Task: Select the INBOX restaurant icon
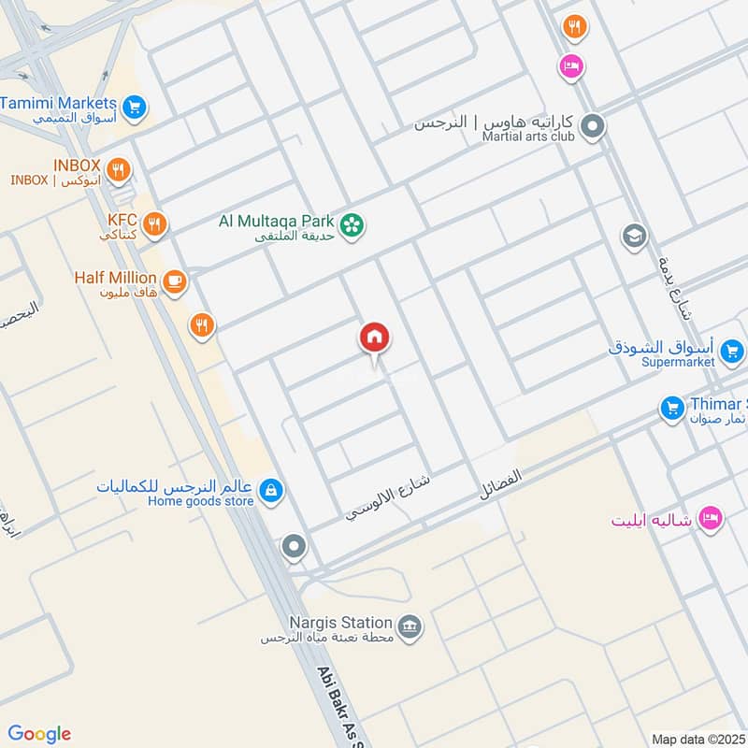pos(118,170)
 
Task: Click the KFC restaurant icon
pos(155,223)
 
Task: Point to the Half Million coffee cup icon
pos(174,280)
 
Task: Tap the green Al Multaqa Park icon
pos(352,225)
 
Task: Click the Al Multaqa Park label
pos(276,222)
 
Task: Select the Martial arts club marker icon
pos(592,126)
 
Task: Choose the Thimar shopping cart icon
pos(671,409)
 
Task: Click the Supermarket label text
pos(680,362)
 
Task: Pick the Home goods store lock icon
pos(270,490)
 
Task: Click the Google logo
pos(39,734)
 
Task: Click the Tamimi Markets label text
pos(59,103)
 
